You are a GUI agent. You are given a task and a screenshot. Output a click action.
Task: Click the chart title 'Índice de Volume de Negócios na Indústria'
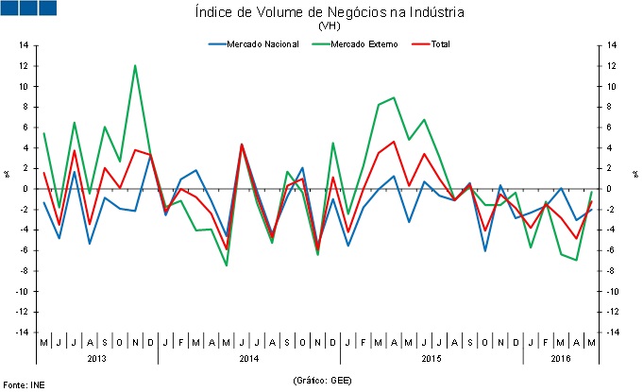[x=330, y=12]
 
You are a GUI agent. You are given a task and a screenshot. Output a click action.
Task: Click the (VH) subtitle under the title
[x=330, y=26]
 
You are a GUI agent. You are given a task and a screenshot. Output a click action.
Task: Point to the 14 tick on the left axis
[x=24, y=45]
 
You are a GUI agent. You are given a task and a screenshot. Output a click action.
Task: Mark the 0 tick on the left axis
[x=25, y=189]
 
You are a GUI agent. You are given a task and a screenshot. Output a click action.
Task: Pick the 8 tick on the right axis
[x=610, y=107]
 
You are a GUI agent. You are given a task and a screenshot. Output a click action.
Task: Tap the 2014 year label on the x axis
[x=249, y=359]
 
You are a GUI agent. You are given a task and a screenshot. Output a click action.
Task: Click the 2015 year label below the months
[x=431, y=359]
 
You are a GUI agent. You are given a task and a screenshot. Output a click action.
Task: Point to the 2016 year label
[x=561, y=359]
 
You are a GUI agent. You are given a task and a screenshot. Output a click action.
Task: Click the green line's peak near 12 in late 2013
[x=135, y=65]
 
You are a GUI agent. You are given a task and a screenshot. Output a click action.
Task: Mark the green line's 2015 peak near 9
[x=393, y=97]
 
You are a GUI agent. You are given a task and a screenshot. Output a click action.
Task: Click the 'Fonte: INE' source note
[x=24, y=383]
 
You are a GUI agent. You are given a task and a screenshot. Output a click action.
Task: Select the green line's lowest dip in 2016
[x=576, y=260]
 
